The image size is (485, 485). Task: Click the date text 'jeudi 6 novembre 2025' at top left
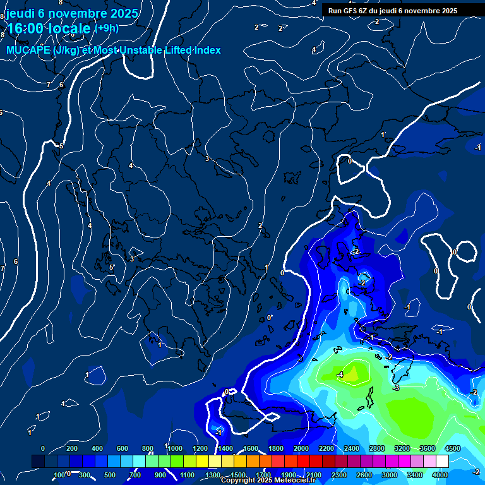click(x=72, y=13)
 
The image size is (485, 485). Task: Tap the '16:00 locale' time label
click(x=49, y=28)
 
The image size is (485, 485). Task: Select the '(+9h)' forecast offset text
click(x=106, y=28)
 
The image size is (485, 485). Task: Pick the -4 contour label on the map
click(x=340, y=374)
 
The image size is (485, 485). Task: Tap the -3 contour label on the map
click(x=396, y=388)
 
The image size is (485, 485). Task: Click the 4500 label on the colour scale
click(x=452, y=448)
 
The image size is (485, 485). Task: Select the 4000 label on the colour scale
click(x=440, y=475)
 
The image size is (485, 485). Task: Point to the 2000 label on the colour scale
click(x=301, y=448)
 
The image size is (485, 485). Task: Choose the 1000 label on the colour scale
click(x=174, y=448)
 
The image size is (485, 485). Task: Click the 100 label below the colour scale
click(x=60, y=475)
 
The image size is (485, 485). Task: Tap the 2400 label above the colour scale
click(x=351, y=448)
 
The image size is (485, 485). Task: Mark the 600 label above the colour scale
click(x=123, y=448)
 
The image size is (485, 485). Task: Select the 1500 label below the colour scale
click(x=237, y=475)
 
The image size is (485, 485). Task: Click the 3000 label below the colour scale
click(x=390, y=475)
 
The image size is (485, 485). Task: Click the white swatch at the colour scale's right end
click(x=442, y=462)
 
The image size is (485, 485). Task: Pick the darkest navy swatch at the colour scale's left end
click(x=38, y=462)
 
